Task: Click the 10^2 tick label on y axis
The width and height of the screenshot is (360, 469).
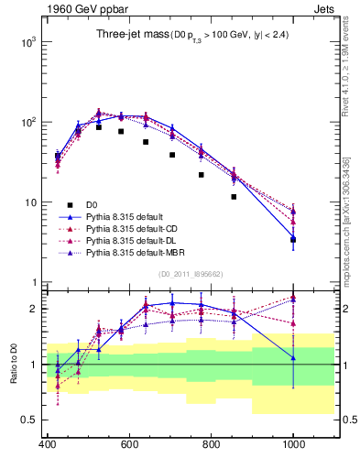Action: click(x=26, y=122)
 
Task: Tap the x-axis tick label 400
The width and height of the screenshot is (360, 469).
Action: click(x=48, y=445)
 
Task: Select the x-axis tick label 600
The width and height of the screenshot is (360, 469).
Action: click(x=129, y=445)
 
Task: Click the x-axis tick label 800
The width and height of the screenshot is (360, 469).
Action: click(x=211, y=445)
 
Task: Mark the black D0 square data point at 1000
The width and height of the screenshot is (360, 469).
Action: click(x=293, y=240)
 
